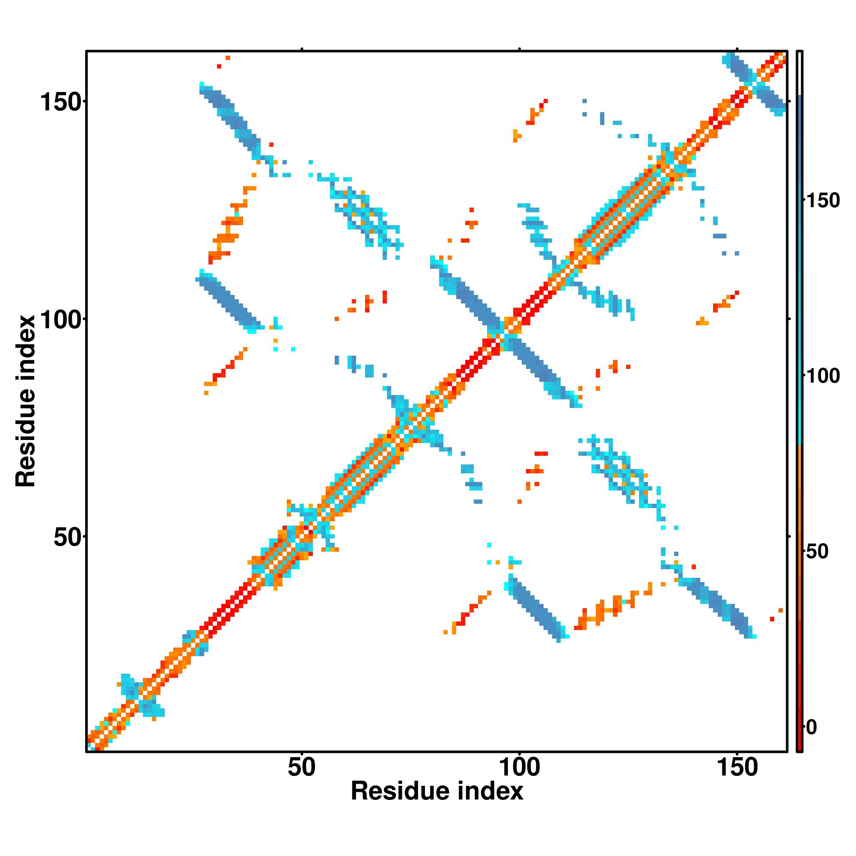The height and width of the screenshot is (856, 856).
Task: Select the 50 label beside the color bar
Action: [x=816, y=552]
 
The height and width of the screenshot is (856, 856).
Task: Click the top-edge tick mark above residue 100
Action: [x=519, y=49]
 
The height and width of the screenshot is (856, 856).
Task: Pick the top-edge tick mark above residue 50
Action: [x=302, y=49]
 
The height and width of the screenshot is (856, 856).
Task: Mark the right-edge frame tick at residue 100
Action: [x=789, y=319]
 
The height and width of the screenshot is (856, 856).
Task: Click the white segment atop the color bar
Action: [x=800, y=73]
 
